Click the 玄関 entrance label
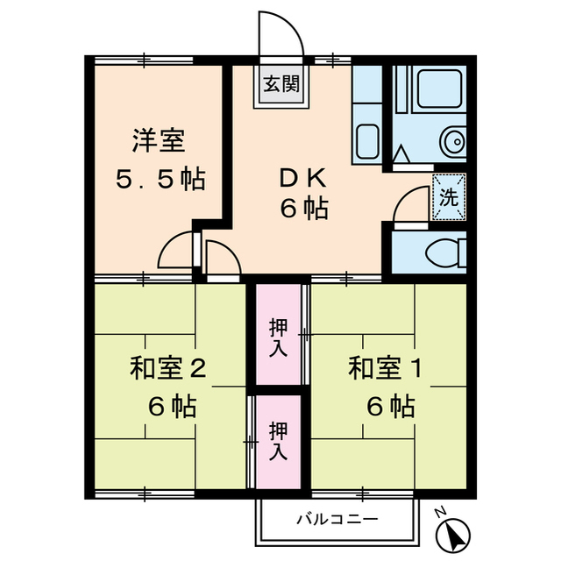pos(281,85)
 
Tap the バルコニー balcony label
pos(337,519)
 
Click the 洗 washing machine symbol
pos(448,197)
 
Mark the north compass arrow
pos(454,532)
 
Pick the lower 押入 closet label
pos(277,441)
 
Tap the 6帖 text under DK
pos(304,210)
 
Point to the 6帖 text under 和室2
pos(171,407)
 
